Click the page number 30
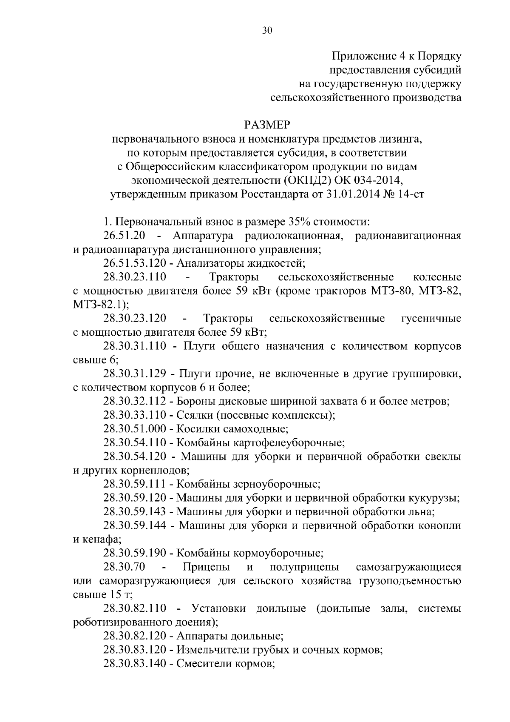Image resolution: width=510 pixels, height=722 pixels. [267, 30]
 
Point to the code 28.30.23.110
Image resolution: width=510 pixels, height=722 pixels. [134, 277]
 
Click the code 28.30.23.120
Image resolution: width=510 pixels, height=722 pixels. [134, 318]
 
